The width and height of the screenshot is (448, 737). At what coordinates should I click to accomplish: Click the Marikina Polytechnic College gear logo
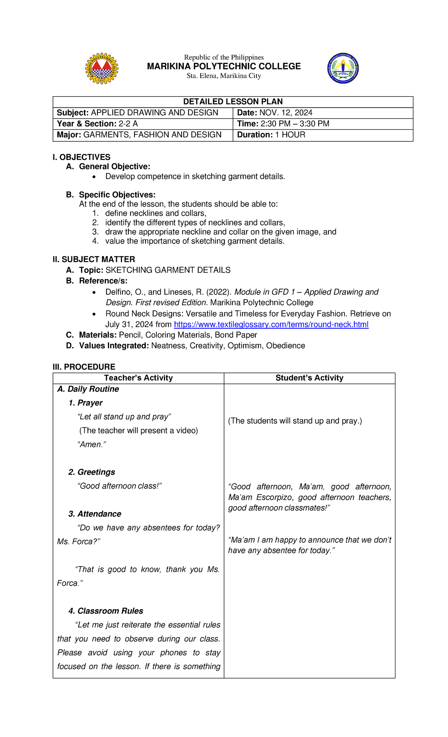(x=102, y=68)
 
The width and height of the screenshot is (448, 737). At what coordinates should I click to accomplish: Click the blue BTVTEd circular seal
(x=343, y=68)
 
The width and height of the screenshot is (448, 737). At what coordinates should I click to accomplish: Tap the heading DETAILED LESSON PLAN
(x=233, y=102)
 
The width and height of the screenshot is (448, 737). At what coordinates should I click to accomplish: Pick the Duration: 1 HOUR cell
(x=271, y=135)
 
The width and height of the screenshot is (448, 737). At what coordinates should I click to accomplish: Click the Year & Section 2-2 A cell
(x=97, y=124)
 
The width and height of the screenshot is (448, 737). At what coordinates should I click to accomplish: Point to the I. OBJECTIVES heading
(x=81, y=157)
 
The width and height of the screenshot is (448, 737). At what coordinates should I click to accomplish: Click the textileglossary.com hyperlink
(x=271, y=324)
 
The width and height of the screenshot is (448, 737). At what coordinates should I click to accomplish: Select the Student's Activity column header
(x=309, y=378)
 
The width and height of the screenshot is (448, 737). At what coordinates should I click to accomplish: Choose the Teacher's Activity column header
(x=138, y=378)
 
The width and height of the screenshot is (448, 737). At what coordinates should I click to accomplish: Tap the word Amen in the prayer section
(x=91, y=445)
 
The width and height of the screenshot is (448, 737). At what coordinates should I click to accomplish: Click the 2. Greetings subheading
(x=91, y=472)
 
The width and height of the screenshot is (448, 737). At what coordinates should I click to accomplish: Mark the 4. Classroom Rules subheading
(x=106, y=611)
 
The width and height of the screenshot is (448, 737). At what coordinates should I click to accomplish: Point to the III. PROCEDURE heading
(x=84, y=367)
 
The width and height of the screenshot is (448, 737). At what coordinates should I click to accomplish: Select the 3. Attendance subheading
(x=94, y=514)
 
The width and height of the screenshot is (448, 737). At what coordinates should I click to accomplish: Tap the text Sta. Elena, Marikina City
(x=224, y=76)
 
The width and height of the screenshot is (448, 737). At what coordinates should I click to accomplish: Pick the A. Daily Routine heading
(x=88, y=389)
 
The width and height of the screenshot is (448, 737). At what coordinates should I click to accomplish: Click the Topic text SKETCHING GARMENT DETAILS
(x=168, y=270)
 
